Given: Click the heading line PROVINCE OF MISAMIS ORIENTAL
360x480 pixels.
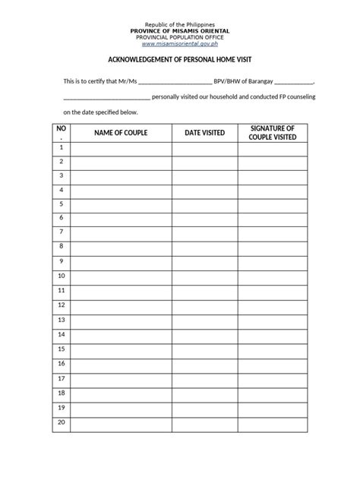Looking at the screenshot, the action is click(180, 30).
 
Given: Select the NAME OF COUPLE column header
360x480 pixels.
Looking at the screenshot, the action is click(121, 133).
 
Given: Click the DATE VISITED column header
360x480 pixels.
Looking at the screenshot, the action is click(204, 133).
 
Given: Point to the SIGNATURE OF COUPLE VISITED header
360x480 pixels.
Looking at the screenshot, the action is click(272, 133).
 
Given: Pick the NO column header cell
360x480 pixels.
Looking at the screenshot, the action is click(61, 133).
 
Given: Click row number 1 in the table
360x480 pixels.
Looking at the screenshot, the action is click(61, 147).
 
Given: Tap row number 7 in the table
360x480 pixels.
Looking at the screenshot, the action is click(61, 232).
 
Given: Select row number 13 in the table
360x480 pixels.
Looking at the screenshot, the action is click(61, 319).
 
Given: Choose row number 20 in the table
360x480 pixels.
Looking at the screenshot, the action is click(61, 422).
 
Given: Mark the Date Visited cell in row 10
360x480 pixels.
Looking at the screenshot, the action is click(204, 276).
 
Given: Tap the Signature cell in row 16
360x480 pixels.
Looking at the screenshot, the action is click(272, 363).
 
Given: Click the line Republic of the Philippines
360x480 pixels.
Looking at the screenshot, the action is click(180, 24).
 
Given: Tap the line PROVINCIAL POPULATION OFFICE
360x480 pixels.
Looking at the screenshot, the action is click(180, 37).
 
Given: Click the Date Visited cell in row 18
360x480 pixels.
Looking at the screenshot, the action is click(204, 393).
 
